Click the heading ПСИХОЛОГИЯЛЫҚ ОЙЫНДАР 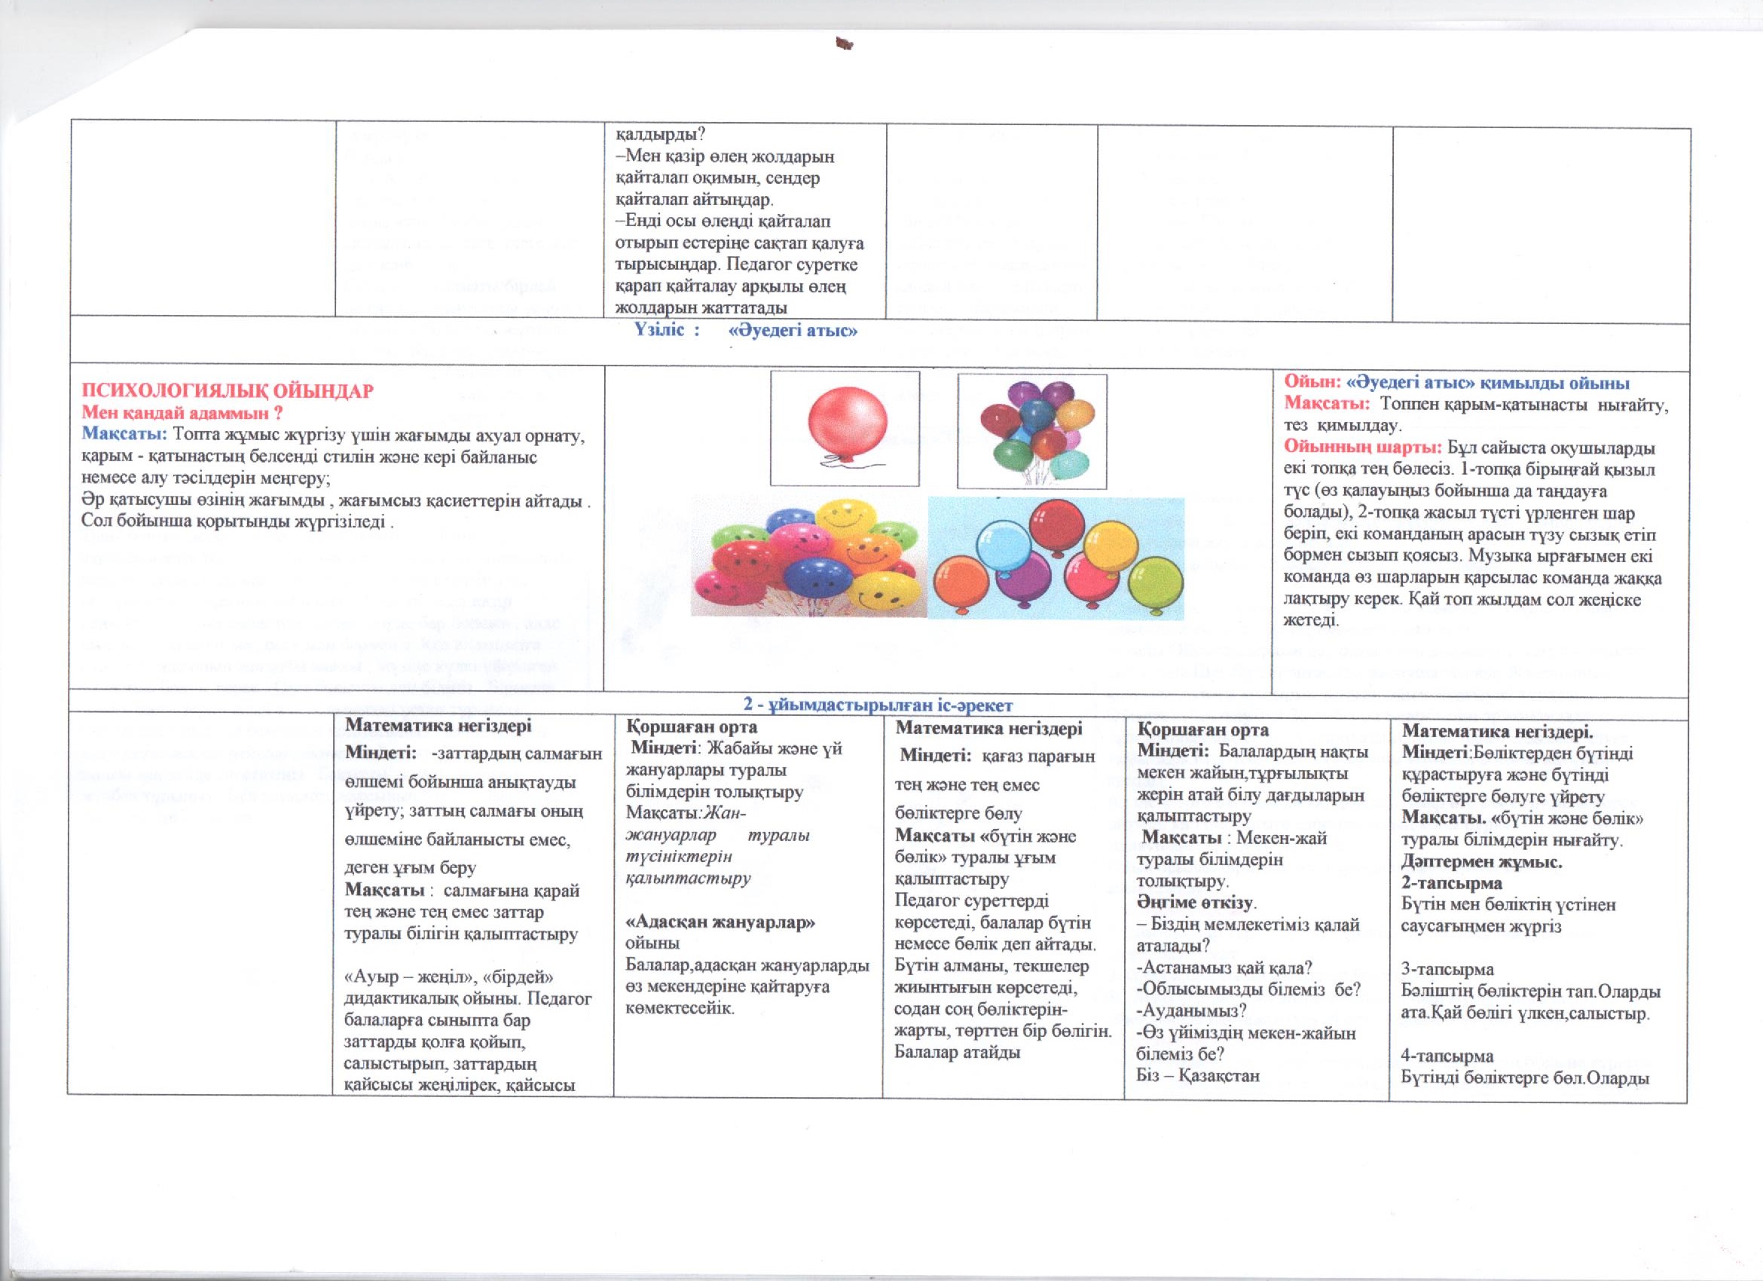228,390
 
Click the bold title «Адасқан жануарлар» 721,922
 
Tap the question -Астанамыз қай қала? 1225,968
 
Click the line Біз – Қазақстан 1198,1077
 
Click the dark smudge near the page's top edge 842,44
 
